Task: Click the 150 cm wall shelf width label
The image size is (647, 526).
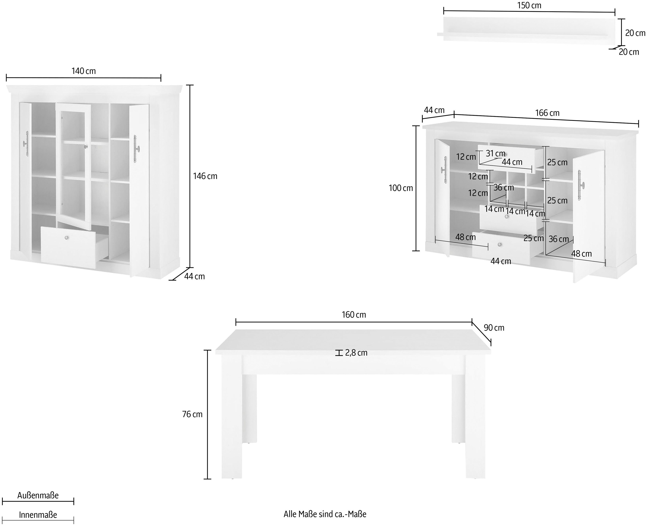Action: pos(529,5)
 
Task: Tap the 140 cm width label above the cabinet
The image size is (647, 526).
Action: pos(83,71)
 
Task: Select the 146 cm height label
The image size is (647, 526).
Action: pos(205,176)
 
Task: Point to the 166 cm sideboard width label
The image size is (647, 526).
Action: pos(547,113)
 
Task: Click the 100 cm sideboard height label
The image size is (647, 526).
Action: pos(401,188)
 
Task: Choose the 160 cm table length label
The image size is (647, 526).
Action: pos(354,315)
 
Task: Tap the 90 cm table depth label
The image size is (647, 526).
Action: pos(494,328)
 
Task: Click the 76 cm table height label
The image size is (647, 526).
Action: pos(192,414)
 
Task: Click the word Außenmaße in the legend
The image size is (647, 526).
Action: pos(38,495)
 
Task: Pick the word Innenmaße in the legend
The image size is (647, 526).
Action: pos(38,515)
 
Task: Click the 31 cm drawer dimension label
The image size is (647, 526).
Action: pos(495,154)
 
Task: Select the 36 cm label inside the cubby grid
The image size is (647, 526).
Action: pos(504,188)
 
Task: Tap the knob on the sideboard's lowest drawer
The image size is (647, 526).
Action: pos(499,245)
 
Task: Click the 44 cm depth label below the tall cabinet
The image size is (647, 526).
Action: pos(194,276)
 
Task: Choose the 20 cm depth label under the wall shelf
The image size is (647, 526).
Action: pos(629,52)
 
